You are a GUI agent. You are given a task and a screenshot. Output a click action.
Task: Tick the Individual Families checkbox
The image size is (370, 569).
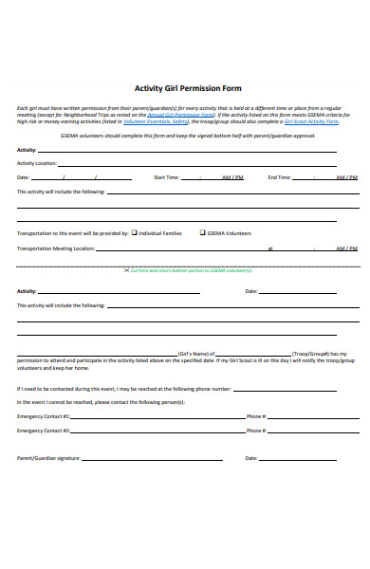coord(135,232)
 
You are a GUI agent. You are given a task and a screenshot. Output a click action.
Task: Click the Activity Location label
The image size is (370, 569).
coord(38,163)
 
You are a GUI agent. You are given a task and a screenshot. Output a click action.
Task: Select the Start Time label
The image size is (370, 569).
coord(166,177)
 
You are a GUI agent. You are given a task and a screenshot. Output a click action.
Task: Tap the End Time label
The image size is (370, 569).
coord(279,177)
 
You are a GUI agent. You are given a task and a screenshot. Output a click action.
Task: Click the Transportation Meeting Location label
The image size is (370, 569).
coord(56,248)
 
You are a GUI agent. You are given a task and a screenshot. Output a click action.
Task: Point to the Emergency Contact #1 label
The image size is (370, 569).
coord(44,416)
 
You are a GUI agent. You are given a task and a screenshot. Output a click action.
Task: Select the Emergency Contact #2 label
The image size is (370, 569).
coord(44,431)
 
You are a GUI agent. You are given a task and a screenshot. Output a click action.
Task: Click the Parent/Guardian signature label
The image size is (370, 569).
coord(48,458)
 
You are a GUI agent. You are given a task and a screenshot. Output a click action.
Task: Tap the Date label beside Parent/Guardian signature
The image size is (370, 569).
coord(251,458)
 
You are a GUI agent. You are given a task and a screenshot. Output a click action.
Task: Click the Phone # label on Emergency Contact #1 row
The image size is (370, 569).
coord(256,416)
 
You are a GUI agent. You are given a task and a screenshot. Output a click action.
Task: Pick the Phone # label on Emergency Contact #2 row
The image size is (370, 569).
coord(256,431)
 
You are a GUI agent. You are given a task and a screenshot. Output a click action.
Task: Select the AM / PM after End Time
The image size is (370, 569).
coord(346,177)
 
